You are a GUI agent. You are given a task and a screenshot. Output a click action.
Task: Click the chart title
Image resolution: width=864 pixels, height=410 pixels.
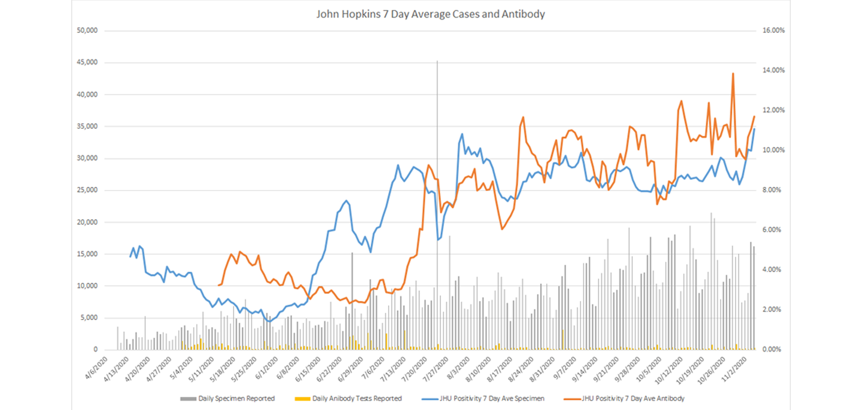430,14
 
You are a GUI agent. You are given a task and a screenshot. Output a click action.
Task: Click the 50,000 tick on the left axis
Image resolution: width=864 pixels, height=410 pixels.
87,30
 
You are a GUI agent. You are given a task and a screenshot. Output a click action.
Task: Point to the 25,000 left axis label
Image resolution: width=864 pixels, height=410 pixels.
87,190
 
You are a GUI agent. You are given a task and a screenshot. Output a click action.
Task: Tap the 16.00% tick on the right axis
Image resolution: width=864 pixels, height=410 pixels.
773,30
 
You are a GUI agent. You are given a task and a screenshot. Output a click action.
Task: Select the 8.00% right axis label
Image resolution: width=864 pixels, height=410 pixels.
772,190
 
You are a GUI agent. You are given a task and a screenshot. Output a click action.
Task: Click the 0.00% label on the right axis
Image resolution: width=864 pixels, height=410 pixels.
772,349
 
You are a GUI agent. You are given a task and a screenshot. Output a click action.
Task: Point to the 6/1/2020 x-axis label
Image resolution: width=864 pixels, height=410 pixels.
267,368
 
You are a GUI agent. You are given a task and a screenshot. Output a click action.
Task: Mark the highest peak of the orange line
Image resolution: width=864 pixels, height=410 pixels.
733,74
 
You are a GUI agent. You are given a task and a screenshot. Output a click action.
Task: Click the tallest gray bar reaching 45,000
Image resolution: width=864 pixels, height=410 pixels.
437,62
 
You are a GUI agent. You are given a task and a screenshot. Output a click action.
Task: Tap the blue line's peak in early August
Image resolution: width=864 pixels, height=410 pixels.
462,134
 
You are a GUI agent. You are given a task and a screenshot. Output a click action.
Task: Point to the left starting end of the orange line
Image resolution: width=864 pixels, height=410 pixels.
219,285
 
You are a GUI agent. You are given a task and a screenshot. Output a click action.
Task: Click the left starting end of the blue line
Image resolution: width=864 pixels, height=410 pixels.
130,256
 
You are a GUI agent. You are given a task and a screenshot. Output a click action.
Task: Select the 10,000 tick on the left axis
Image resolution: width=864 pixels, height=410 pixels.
87,286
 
